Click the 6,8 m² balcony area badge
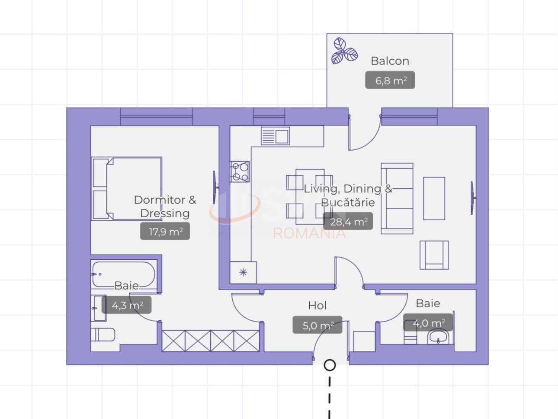pos(390,80)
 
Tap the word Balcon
pos(390,61)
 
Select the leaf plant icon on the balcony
pos(344,51)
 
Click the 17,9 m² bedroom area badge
pos(165,231)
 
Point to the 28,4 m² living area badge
pos(348,221)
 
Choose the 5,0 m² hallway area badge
pos(317,325)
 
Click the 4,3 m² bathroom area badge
pos(127,305)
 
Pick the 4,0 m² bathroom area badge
pos(428,322)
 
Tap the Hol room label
pos(317,306)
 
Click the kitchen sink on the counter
pos(275,136)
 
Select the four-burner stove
pos(240,172)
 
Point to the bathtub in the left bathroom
pos(124,274)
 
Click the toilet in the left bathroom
pos(103,334)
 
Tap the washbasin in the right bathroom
pos(438,337)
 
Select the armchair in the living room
pos(434,255)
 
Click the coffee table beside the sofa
pos(434,198)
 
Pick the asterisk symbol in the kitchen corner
pos(243,272)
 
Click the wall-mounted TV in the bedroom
pos(215,187)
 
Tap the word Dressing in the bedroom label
pos(165,213)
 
